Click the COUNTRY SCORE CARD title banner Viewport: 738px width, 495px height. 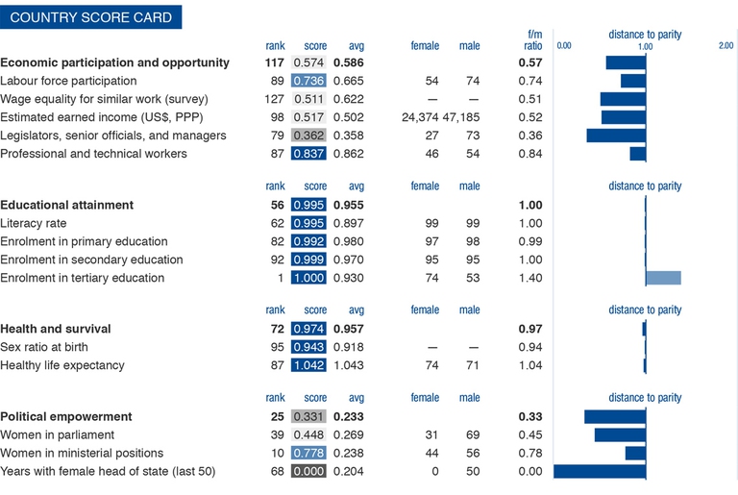(x=90, y=17)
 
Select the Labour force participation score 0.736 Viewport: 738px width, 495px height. (x=308, y=82)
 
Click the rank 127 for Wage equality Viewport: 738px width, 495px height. (x=274, y=100)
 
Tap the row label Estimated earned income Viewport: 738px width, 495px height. (x=98, y=117)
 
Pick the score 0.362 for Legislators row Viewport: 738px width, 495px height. (x=308, y=136)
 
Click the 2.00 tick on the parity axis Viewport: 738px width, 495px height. (x=726, y=46)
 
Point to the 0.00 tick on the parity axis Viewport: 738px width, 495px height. (x=564, y=46)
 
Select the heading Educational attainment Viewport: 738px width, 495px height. (x=67, y=205)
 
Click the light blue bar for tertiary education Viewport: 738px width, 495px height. (x=663, y=278)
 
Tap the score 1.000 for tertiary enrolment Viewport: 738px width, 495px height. (x=308, y=278)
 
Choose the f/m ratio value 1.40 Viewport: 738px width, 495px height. (x=530, y=278)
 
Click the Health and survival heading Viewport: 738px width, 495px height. (x=56, y=329)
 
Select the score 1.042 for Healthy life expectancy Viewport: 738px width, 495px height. (x=308, y=365)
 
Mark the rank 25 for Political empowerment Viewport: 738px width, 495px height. (x=277, y=417)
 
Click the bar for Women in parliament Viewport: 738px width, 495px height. (x=620, y=434)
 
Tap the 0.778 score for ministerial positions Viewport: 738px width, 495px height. (x=308, y=453)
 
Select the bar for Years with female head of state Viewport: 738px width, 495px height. (x=600, y=471)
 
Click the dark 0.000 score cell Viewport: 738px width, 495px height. (x=308, y=471)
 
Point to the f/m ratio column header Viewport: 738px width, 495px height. (x=530, y=40)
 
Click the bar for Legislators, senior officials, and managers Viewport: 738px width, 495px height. (x=615, y=136)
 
